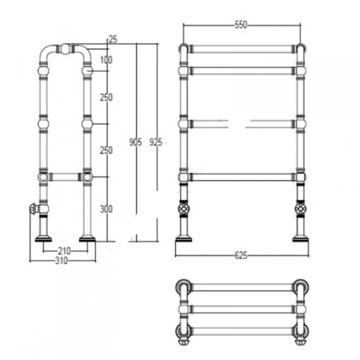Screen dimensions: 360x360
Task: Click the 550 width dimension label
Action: coord(241,25)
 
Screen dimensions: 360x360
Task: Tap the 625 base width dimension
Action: coord(241,255)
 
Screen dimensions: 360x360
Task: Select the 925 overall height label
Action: coord(155,142)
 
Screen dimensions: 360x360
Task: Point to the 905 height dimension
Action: coord(135,142)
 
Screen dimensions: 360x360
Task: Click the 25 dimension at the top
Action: coord(113,39)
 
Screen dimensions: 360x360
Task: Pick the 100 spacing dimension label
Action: coord(106,60)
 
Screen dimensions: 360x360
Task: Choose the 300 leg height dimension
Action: coord(106,209)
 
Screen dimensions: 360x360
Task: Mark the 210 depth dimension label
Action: coord(64,250)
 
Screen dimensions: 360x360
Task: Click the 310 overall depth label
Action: coord(62,261)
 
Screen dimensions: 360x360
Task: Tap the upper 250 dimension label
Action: coord(106,98)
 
